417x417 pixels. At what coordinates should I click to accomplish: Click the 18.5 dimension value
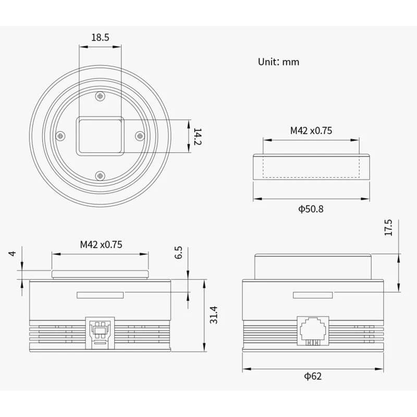pyautogui.click(x=100, y=37)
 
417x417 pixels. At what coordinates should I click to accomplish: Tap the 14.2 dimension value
pyautogui.click(x=198, y=137)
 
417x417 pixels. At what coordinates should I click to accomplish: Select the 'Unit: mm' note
pyautogui.click(x=278, y=62)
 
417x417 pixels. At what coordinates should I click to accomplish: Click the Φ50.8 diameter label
pyautogui.click(x=311, y=209)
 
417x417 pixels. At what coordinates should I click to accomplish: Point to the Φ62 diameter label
pyautogui.click(x=313, y=376)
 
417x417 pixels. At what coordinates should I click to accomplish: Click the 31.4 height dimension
pyautogui.click(x=214, y=315)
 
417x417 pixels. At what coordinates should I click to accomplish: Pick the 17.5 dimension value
pyautogui.click(x=388, y=227)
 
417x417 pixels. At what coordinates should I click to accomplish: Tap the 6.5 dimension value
pyautogui.click(x=178, y=252)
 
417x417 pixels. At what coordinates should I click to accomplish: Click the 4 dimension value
pyautogui.click(x=12, y=253)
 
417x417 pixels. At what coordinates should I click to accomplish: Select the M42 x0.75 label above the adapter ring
pyautogui.click(x=311, y=131)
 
